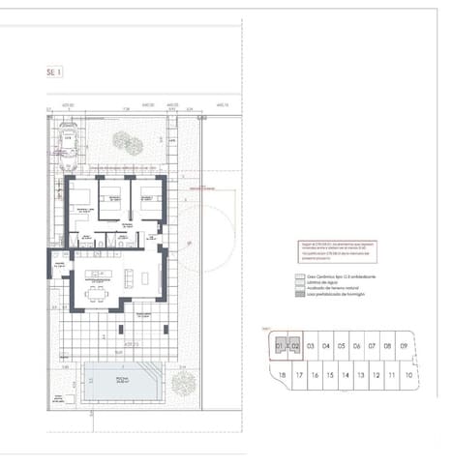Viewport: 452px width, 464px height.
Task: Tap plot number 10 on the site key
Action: pos(410,375)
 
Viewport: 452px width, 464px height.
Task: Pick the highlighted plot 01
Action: pos(280,345)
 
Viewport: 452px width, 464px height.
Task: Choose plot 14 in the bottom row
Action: pos(346,375)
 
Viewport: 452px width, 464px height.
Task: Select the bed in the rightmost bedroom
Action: pos(148,202)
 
